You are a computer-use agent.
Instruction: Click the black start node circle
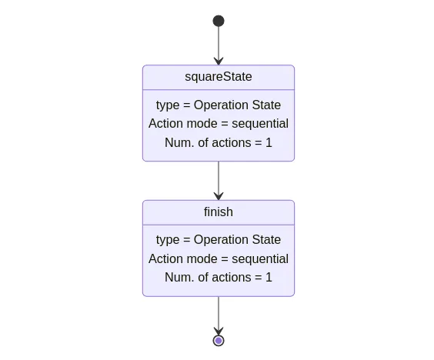tap(219, 21)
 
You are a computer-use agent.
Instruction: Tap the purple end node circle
tap(219, 341)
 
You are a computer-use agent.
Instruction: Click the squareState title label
tap(219, 77)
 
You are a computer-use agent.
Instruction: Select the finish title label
tap(219, 212)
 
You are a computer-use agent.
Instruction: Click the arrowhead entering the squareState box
tap(219, 61)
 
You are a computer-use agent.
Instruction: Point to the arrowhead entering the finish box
tap(219, 196)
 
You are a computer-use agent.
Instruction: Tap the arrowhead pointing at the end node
tap(219, 331)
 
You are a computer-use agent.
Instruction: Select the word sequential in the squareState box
tap(260, 124)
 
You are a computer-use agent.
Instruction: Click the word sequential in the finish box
tap(260, 259)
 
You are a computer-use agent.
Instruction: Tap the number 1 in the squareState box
tap(269, 143)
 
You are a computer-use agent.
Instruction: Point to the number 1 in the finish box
tap(269, 278)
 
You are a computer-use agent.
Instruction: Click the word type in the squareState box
tap(168, 105)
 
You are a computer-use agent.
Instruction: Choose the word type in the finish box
tap(168, 240)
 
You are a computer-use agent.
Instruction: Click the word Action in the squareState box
tap(164, 123)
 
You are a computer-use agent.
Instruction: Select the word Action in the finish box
tap(164, 258)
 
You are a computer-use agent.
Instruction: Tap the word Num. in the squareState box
tap(179, 143)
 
